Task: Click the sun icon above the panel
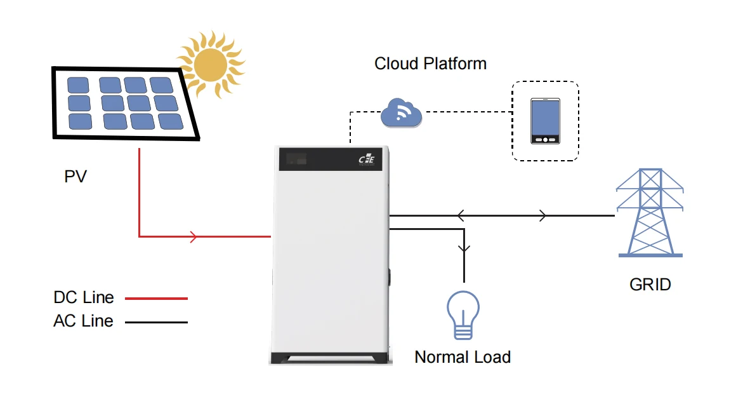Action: click(x=210, y=64)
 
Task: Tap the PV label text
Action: click(x=75, y=176)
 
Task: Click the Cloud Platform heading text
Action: click(x=430, y=64)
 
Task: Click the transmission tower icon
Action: click(x=650, y=212)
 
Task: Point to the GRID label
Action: click(x=650, y=284)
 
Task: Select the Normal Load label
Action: click(x=463, y=357)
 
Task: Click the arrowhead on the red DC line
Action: click(x=194, y=237)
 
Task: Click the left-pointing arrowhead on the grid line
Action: click(x=460, y=216)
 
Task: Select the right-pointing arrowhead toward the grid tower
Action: click(x=542, y=216)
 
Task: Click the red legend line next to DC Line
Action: click(x=156, y=298)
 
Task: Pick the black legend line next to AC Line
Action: click(x=156, y=322)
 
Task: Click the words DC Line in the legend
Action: click(x=84, y=297)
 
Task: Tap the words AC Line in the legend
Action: click(x=83, y=321)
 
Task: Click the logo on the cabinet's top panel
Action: click(x=366, y=160)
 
